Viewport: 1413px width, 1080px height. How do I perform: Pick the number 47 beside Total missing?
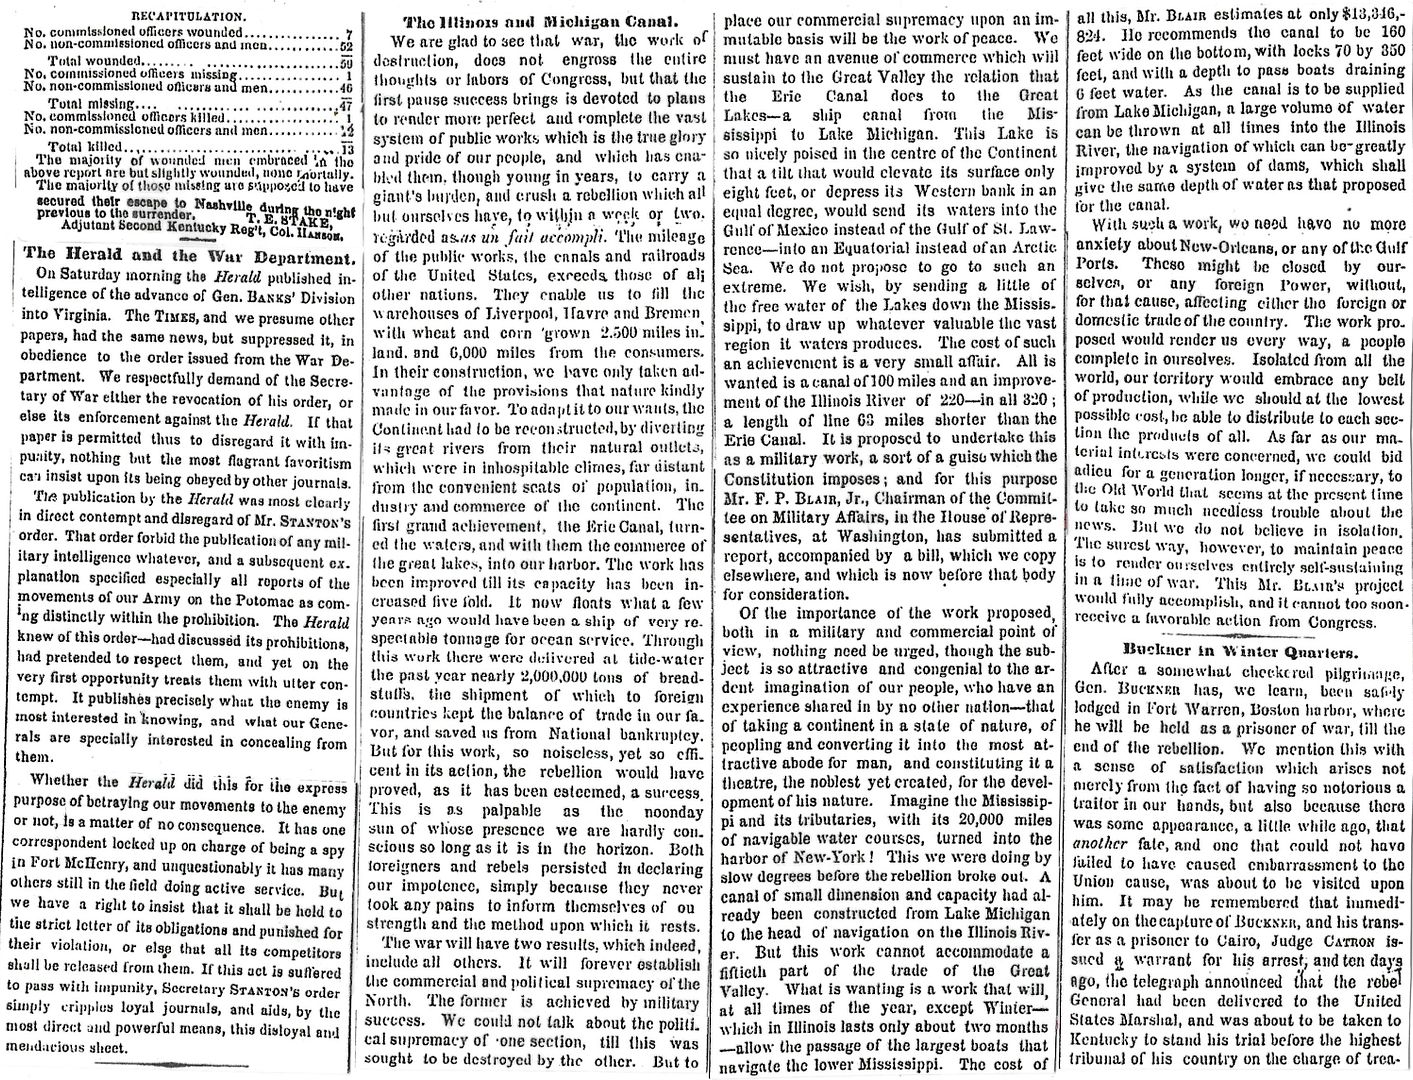[341, 103]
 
